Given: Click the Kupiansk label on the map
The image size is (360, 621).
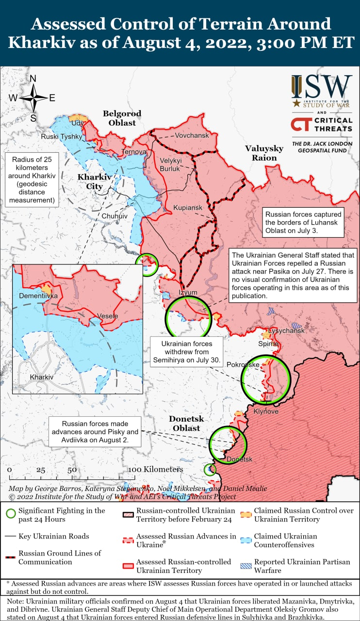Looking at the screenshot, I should tap(188, 208).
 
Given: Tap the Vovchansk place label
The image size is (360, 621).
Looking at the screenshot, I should tap(192, 135).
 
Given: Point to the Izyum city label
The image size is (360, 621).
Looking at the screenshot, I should tap(188, 293).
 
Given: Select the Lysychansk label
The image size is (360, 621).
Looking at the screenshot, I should tap(286, 330).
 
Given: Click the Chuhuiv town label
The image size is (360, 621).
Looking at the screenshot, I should tap(115, 215).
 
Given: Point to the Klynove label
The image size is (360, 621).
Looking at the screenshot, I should tap(266, 411).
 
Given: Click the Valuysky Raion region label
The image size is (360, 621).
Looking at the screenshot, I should tap(264, 153).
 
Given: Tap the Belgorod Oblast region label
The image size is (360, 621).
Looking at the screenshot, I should tap(122, 118).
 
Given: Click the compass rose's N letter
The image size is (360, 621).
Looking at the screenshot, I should tap(33, 79).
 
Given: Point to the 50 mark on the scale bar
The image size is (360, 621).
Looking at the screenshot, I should tap(72, 470).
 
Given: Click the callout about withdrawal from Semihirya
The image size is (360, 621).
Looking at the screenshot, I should tap(187, 352).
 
